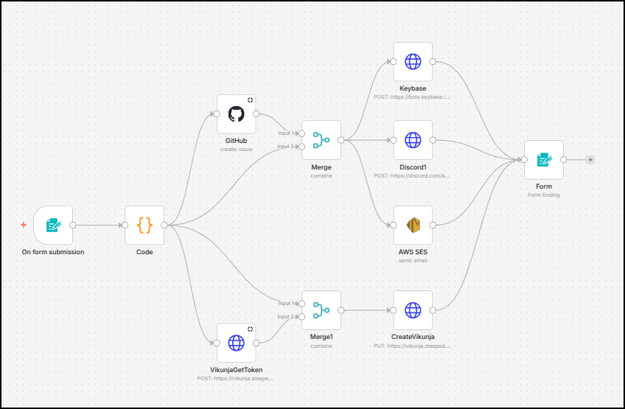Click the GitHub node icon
pyautogui.click(x=236, y=114)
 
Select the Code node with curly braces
pyautogui.click(x=144, y=226)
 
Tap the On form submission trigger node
pyautogui.click(x=53, y=226)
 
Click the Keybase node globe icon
pyautogui.click(x=413, y=62)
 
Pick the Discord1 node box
pyautogui.click(x=413, y=140)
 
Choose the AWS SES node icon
pyautogui.click(x=413, y=226)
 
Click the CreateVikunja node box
pyautogui.click(x=413, y=310)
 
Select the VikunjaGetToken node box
pyautogui.click(x=236, y=343)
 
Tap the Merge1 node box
pyautogui.click(x=321, y=310)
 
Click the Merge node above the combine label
pyautogui.click(x=321, y=140)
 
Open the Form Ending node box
pyautogui.click(x=544, y=160)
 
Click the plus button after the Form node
pyautogui.click(x=590, y=160)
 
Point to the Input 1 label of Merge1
pyautogui.click(x=286, y=304)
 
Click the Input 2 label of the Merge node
pyautogui.click(x=286, y=147)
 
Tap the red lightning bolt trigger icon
pyautogui.click(x=24, y=225)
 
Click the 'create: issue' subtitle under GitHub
pyautogui.click(x=236, y=150)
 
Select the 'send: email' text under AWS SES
pyautogui.click(x=413, y=260)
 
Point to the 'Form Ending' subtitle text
pyautogui.click(x=544, y=195)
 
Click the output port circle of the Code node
pyautogui.click(x=164, y=226)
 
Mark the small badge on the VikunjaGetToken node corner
pyautogui.click(x=250, y=329)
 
